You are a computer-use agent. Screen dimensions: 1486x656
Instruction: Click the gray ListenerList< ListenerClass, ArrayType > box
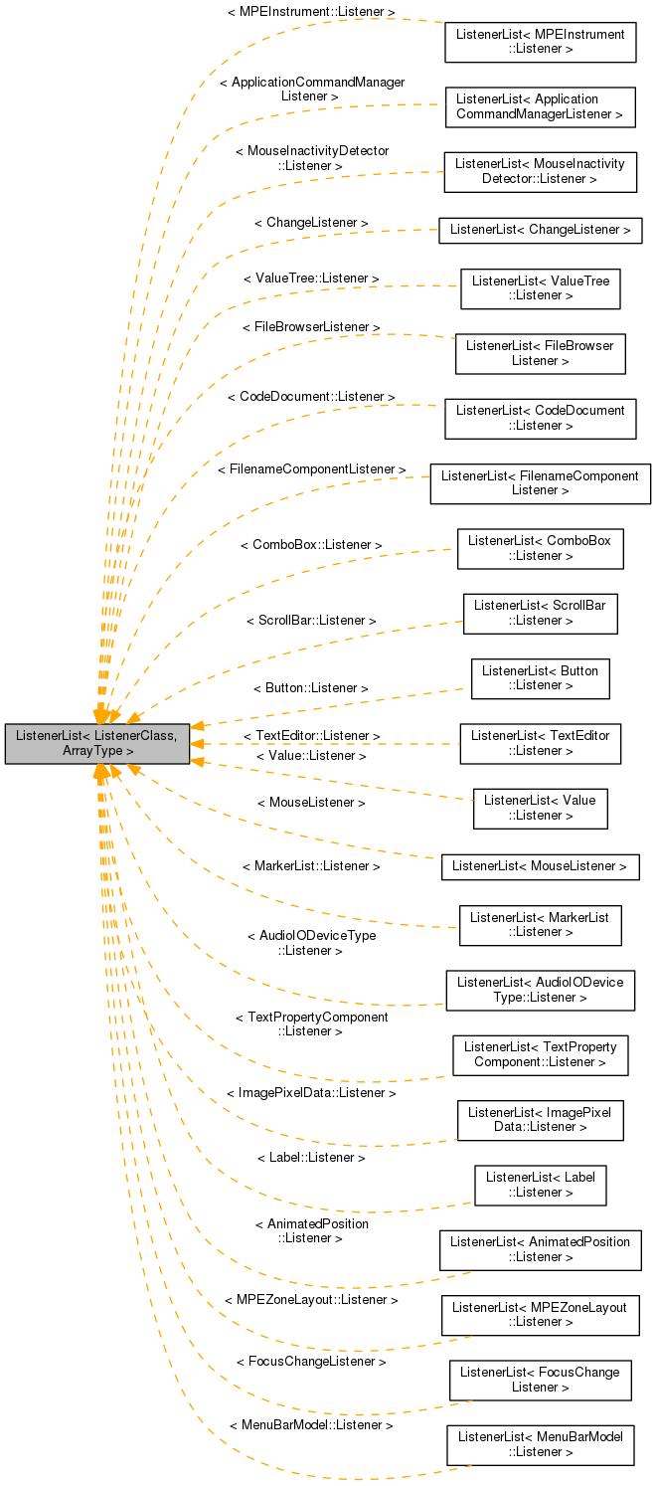(x=96, y=744)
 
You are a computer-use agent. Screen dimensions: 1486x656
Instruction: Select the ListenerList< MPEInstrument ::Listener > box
(x=540, y=41)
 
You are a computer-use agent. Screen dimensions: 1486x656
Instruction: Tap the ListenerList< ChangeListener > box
(x=540, y=230)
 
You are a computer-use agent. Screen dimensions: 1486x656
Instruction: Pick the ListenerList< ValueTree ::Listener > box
(x=540, y=288)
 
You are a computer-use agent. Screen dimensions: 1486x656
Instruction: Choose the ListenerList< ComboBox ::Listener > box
(x=540, y=548)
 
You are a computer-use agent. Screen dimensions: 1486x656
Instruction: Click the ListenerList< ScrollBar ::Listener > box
(x=540, y=613)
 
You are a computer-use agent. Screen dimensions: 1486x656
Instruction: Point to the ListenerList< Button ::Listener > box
(x=540, y=678)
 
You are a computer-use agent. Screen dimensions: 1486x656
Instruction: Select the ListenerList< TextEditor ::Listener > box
(x=540, y=743)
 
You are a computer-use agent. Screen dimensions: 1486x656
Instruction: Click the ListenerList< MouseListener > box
(x=540, y=867)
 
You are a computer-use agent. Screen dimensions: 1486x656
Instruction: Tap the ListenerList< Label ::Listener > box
(x=540, y=1186)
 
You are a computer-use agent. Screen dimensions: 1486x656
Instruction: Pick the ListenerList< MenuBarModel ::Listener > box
(x=540, y=1444)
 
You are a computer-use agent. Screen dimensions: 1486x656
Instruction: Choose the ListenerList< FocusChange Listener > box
(x=540, y=1380)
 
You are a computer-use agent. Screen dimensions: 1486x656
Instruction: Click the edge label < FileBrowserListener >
(x=310, y=326)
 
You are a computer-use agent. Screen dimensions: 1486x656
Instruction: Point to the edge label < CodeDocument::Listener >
(x=310, y=396)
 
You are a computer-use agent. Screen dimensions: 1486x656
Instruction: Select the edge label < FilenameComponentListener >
(x=311, y=468)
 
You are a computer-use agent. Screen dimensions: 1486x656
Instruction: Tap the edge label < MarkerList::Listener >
(x=310, y=866)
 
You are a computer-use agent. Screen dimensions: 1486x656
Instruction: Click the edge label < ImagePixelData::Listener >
(x=310, y=1092)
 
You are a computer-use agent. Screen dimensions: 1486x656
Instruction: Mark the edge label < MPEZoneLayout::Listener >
(x=310, y=1300)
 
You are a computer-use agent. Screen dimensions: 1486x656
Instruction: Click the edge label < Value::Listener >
(x=310, y=756)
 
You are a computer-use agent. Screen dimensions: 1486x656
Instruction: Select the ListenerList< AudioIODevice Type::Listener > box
(x=540, y=990)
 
